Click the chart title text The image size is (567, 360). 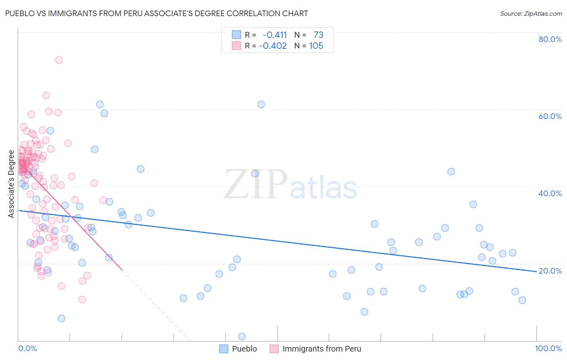pyautogui.click(x=156, y=13)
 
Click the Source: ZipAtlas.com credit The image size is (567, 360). pyautogui.click(x=531, y=13)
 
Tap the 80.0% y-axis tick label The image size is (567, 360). pyautogui.click(x=550, y=39)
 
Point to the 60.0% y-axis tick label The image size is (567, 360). pyautogui.click(x=550, y=116)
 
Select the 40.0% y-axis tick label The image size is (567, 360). pyautogui.click(x=550, y=193)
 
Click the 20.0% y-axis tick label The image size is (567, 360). pyautogui.click(x=550, y=271)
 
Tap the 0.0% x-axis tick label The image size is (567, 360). pyautogui.click(x=27, y=348)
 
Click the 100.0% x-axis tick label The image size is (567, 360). pyautogui.click(x=548, y=348)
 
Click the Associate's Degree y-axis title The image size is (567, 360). pyautogui.click(x=11, y=184)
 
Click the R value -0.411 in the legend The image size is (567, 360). pyautogui.click(x=275, y=35)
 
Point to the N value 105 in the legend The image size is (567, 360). pyautogui.click(x=316, y=46)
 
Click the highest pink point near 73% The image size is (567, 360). pyautogui.click(x=59, y=60)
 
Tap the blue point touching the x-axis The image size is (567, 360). pyautogui.click(x=242, y=337)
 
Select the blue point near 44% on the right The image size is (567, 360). pyautogui.click(x=451, y=172)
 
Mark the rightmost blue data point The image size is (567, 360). pyautogui.click(x=522, y=300)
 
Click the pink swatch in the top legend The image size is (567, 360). pyautogui.click(x=236, y=46)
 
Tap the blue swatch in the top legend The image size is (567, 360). pyautogui.click(x=236, y=35)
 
